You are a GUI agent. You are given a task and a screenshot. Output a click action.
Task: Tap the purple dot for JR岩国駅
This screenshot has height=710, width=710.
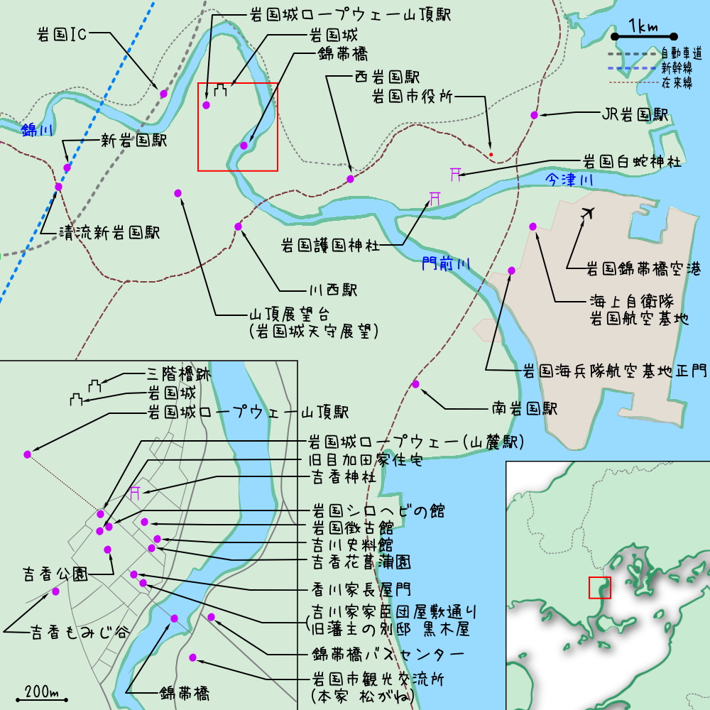click(534, 115)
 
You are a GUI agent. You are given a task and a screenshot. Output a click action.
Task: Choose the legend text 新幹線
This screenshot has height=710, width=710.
click(682, 68)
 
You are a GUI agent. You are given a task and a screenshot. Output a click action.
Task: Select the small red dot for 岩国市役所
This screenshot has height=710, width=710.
click(491, 154)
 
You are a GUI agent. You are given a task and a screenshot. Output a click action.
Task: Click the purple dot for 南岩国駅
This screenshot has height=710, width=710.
click(416, 384)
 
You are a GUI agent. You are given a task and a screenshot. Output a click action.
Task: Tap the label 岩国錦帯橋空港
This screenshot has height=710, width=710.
click(643, 269)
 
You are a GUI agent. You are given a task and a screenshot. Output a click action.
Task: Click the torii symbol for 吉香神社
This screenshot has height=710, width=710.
click(135, 491)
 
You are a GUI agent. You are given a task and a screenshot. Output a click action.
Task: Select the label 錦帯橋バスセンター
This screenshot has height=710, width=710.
click(388, 654)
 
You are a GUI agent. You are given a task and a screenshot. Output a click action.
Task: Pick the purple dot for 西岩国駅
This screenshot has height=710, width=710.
click(350, 178)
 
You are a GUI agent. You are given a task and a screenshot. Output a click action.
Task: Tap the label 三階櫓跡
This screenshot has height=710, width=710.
click(179, 373)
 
